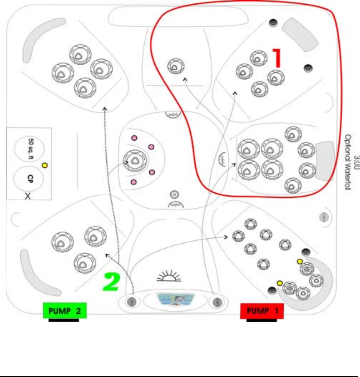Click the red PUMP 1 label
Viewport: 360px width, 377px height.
[x=262, y=311]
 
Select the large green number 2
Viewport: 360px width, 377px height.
[x=113, y=283]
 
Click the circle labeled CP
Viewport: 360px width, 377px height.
[x=29, y=180]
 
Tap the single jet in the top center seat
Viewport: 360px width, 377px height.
[x=174, y=66]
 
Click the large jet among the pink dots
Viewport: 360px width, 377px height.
[x=134, y=160]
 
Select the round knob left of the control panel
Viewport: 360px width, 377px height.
[x=131, y=301]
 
